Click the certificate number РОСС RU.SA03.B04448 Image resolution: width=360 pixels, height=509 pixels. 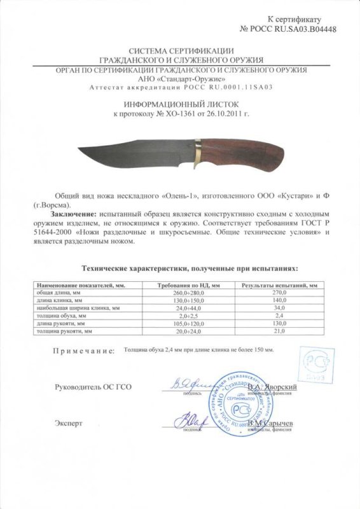click(x=297, y=29)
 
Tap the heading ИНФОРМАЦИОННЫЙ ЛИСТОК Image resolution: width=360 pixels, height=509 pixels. click(x=181, y=103)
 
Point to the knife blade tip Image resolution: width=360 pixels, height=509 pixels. click(x=79, y=151)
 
